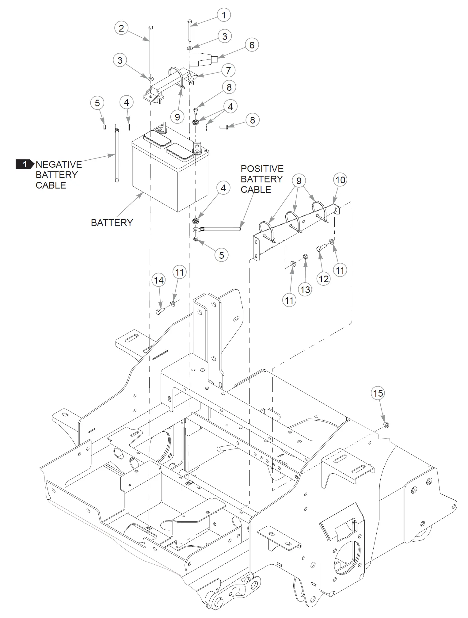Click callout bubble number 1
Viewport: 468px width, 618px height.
(x=223, y=15)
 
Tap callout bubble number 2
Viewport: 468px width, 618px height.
(x=121, y=28)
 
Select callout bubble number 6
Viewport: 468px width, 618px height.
(x=252, y=45)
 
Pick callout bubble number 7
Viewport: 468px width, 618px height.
(x=228, y=71)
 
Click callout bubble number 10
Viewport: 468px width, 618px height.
(x=340, y=180)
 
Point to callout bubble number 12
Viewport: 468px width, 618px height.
(x=324, y=279)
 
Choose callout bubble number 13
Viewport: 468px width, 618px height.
(x=305, y=289)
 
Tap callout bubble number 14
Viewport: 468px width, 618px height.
(x=159, y=280)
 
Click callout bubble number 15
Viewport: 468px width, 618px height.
(x=378, y=393)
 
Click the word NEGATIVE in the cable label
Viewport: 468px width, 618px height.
(x=59, y=164)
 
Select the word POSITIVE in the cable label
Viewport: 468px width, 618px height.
(x=262, y=169)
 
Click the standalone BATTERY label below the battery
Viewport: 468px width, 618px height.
(x=112, y=223)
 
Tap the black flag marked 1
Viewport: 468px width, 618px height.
(x=25, y=164)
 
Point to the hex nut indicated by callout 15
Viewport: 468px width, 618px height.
(x=386, y=425)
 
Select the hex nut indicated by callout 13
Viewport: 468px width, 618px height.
(x=305, y=256)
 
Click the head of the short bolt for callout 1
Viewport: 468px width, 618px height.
(x=190, y=21)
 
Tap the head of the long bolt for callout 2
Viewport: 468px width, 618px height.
(x=150, y=28)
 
